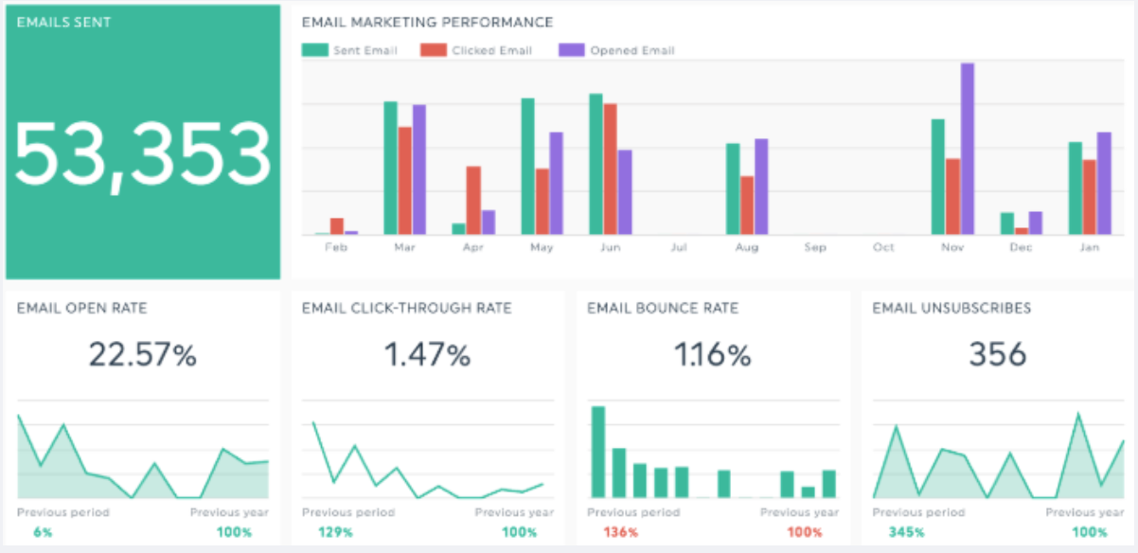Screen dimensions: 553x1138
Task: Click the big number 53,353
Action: [143, 155]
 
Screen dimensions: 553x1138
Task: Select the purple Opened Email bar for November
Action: [967, 149]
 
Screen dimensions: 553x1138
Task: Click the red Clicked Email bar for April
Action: [473, 201]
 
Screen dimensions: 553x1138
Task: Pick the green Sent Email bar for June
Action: [596, 164]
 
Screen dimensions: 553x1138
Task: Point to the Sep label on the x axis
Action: [814, 247]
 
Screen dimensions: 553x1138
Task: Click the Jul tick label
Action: [678, 247]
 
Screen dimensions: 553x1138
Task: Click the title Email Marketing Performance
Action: [427, 22]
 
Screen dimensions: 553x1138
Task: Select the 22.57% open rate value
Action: [143, 355]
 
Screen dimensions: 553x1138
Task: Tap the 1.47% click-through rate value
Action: [427, 355]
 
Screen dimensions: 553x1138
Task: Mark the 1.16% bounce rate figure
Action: [712, 355]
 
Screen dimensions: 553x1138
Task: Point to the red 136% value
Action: [620, 532]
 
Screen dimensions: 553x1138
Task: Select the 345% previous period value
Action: [907, 532]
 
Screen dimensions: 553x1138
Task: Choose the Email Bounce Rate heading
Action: [663, 308]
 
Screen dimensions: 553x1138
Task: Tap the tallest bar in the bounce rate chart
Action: [598, 452]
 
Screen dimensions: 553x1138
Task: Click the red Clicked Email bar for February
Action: [336, 225]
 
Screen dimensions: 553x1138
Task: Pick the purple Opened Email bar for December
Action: [1035, 223]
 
